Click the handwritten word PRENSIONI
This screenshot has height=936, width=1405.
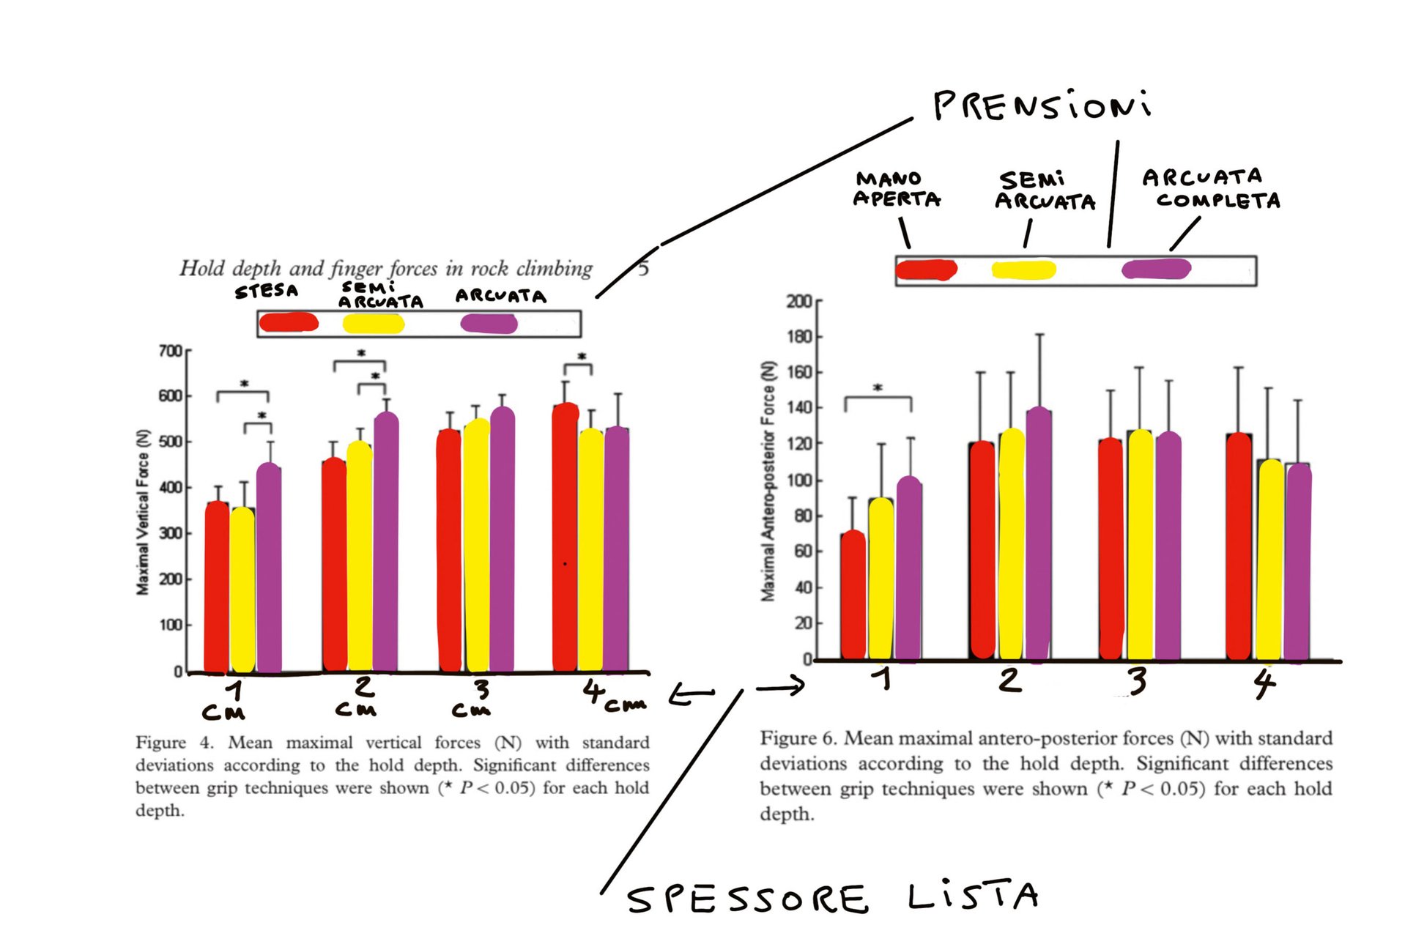pos(1041,106)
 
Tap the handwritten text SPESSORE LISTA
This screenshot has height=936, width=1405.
pos(832,897)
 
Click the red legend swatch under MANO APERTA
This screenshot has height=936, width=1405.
pos(926,270)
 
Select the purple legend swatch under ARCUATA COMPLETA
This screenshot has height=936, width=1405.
pos(1156,269)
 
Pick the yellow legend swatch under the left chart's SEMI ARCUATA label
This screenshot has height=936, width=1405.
pos(374,324)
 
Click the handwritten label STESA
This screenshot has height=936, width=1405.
pos(267,291)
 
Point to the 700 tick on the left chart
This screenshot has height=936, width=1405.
pos(170,352)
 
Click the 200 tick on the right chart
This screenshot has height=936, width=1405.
pos(798,301)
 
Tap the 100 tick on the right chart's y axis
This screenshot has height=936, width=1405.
pos(798,480)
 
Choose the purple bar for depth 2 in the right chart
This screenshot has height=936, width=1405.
pos(1039,535)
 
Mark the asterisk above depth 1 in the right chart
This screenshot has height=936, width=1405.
pos(878,388)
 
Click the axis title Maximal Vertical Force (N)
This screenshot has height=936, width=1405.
pos(143,512)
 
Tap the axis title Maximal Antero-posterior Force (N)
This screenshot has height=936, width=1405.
pos(768,481)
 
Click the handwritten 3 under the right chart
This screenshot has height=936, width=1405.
pos(1137,681)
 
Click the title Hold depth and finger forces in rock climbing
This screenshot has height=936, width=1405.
pos(386,269)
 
